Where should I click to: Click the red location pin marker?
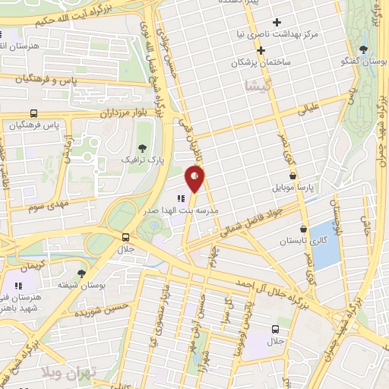coord(195,178)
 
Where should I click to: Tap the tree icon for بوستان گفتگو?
coord(365,50)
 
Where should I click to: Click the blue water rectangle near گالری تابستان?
coord(324,244)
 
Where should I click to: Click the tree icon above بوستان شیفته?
coord(82,273)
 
